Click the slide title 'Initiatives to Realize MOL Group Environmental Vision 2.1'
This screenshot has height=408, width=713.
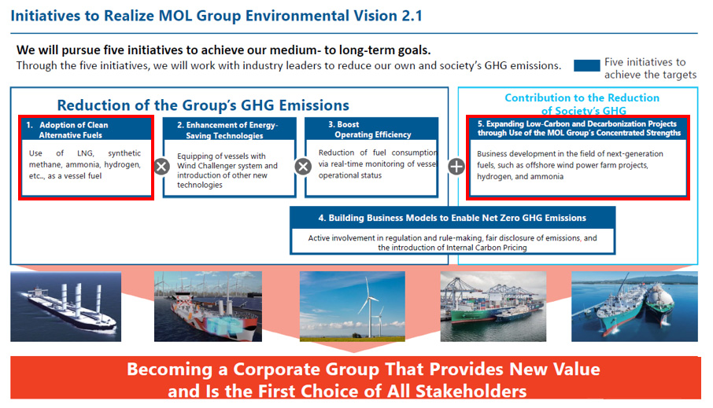click(x=216, y=16)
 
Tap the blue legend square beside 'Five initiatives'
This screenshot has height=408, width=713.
click(x=586, y=65)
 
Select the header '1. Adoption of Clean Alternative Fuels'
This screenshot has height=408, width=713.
click(x=87, y=130)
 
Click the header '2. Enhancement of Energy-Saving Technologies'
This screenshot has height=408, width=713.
click(x=230, y=130)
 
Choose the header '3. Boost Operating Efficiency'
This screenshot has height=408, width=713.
click(x=371, y=129)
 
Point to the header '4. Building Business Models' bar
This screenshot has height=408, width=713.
click(x=453, y=218)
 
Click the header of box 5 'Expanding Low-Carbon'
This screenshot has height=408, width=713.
click(x=578, y=128)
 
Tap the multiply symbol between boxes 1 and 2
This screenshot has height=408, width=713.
click(x=161, y=167)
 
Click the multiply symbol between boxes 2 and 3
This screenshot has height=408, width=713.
click(x=303, y=167)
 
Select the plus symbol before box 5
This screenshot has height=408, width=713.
click(x=456, y=167)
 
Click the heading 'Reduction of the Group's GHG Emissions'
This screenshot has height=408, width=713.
click(x=203, y=105)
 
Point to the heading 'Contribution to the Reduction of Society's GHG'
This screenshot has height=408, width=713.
click(x=582, y=104)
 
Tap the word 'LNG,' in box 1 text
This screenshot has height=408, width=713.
click(x=86, y=153)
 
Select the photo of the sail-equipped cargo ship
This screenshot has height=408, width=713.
click(x=66, y=307)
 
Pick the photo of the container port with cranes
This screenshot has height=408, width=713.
click(x=493, y=307)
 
